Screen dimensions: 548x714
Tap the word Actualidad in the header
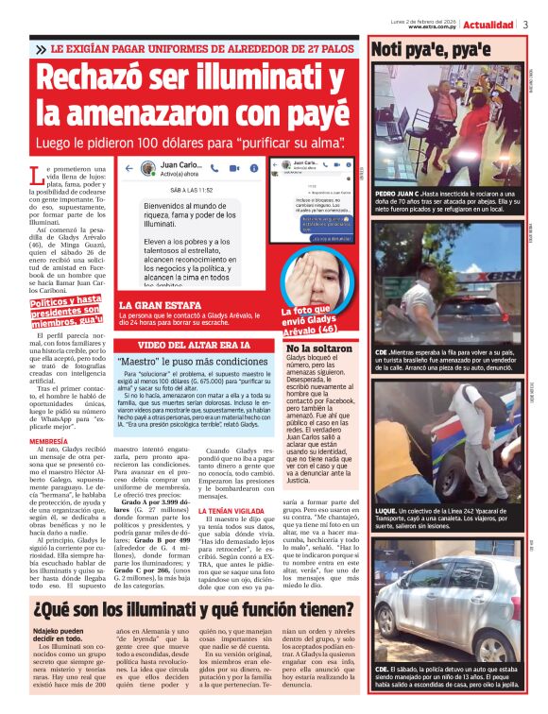pyautogui.click(x=489, y=25)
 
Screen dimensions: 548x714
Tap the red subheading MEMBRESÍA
pyautogui.click(x=48, y=440)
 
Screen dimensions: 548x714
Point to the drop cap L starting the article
pyautogui.click(x=36, y=176)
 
